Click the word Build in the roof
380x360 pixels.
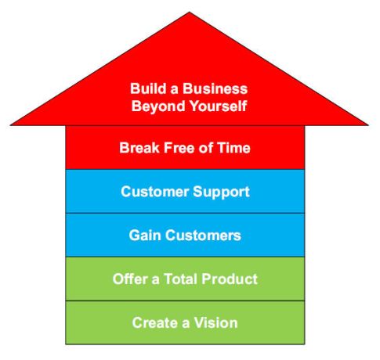[148, 88]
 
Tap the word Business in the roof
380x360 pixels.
[215, 88]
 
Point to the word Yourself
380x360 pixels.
[218, 106]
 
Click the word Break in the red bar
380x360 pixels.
[139, 148]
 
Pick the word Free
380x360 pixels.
[179, 148]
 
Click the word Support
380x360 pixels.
[221, 193]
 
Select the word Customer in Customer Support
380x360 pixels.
[155, 192]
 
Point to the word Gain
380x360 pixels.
[145, 236]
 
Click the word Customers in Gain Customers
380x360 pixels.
[203, 236]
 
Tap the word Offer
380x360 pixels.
[130, 279]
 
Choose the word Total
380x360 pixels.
[181, 279]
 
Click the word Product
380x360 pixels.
[230, 279]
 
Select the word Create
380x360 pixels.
[155, 322]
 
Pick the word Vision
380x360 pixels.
[215, 322]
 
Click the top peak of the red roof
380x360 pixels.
[190, 12]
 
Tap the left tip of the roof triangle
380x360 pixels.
[10, 125]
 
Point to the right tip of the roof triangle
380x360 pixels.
[368, 125]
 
